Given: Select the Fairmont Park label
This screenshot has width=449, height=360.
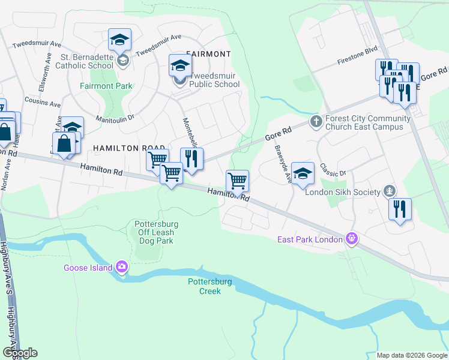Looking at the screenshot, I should pyautogui.click(x=106, y=86).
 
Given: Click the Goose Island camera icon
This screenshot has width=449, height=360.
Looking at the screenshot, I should pyautogui.click(x=122, y=265).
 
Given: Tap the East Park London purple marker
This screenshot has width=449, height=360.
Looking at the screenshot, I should pyautogui.click(x=352, y=239).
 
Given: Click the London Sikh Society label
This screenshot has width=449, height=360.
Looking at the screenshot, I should pyautogui.click(x=343, y=192).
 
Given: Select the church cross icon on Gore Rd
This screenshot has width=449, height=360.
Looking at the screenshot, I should pyautogui.click(x=317, y=122).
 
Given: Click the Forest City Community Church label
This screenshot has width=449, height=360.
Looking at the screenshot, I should pyautogui.click(x=368, y=122).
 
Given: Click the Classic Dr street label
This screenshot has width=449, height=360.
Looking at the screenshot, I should pyautogui.click(x=333, y=169).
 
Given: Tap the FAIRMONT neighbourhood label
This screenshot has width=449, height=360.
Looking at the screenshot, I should pyautogui.click(x=208, y=54).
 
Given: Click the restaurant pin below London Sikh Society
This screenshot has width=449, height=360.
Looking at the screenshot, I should pyautogui.click(x=399, y=210).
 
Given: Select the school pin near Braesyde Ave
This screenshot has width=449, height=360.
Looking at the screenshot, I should pyautogui.click(x=303, y=174).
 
